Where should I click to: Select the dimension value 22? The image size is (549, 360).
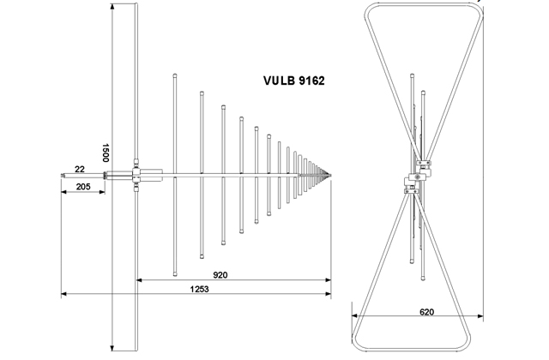(79, 169)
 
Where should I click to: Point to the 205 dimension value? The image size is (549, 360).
(82, 186)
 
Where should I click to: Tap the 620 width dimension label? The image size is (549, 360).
(414, 314)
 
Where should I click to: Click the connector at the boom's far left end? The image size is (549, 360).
(63, 177)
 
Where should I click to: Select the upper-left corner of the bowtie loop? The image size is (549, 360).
(367, 8)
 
